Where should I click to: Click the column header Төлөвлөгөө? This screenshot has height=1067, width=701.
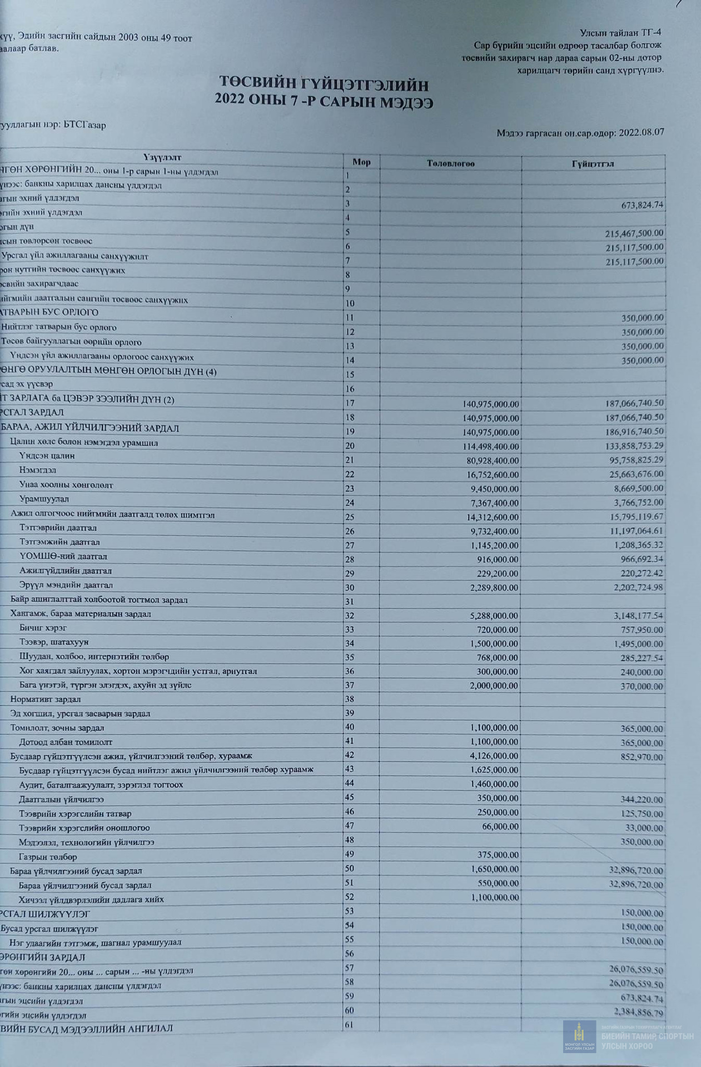pos(450,163)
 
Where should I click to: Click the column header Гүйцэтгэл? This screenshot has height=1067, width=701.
pos(593,164)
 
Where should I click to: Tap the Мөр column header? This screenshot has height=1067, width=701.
pos(361,162)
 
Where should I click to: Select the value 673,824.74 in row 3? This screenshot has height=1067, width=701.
pos(642,205)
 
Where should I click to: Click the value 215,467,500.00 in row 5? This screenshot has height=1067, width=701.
pos(634,233)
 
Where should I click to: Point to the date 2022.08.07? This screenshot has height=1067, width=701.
pos(642,133)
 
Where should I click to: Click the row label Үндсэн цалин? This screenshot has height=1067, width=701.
pos(47,456)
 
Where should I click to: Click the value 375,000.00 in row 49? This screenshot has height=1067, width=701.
pos(498,855)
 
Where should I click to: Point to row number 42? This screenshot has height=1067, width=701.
pos(350,755)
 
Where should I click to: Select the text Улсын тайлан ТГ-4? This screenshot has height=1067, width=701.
pos(620,33)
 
